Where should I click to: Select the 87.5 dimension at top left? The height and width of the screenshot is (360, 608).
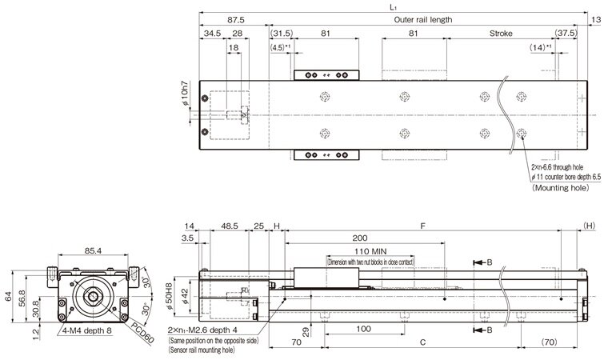(235, 18)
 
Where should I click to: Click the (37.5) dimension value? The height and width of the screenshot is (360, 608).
(566, 34)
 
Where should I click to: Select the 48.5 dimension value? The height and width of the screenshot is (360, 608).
(229, 226)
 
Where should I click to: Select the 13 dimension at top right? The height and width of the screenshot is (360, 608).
(596, 18)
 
